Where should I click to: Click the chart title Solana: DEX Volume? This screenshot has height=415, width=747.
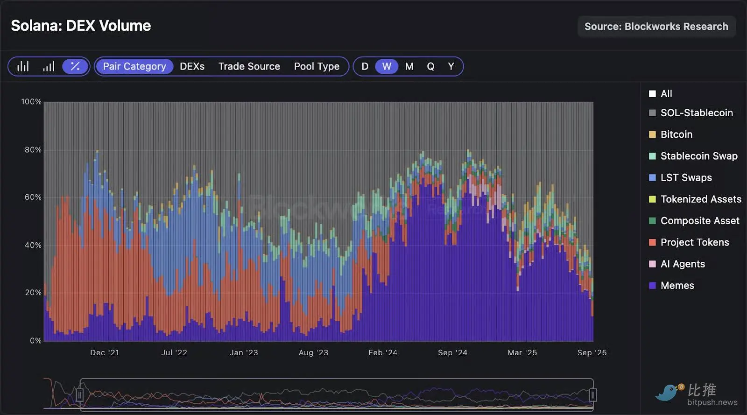click(x=81, y=26)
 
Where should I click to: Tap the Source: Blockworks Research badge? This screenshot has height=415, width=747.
click(x=656, y=27)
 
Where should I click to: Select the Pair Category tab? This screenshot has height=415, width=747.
click(x=134, y=66)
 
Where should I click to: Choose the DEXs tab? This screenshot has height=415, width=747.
click(x=192, y=66)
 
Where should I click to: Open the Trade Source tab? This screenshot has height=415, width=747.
click(x=249, y=66)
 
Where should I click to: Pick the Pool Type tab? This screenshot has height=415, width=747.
click(x=317, y=66)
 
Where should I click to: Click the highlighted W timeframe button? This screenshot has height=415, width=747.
click(x=387, y=66)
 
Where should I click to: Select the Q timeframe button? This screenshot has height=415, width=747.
click(x=430, y=66)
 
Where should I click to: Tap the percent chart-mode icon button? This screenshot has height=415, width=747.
click(x=75, y=66)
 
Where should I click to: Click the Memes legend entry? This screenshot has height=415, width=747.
click(x=677, y=285)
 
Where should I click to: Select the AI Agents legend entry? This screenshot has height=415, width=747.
click(x=682, y=264)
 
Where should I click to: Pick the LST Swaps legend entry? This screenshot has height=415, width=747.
click(x=686, y=177)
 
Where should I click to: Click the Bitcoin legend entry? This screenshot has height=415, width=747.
click(x=676, y=134)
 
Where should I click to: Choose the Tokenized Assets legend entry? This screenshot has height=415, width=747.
click(x=700, y=199)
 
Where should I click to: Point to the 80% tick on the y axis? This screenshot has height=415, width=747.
click(x=33, y=150)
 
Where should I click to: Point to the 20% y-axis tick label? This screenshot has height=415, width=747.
click(x=33, y=293)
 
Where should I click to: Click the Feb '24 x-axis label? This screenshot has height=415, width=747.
click(x=383, y=352)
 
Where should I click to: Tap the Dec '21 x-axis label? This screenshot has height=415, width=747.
click(x=105, y=352)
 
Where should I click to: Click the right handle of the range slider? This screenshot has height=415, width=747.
click(x=593, y=395)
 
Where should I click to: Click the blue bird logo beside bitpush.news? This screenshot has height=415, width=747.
click(x=669, y=392)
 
